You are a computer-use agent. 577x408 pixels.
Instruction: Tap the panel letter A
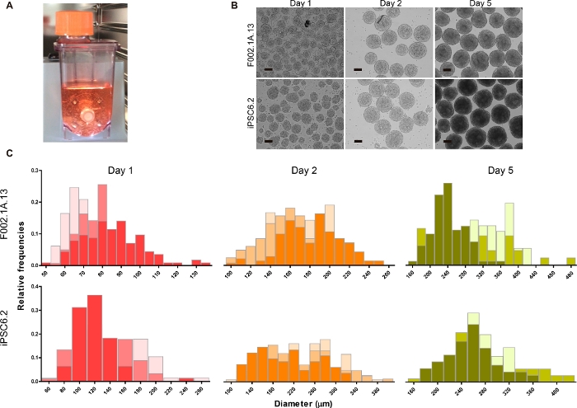(x=8, y=8)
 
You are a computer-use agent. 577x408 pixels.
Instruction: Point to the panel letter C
(x=8, y=153)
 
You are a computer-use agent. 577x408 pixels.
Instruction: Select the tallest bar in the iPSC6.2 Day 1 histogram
(x=95, y=338)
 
